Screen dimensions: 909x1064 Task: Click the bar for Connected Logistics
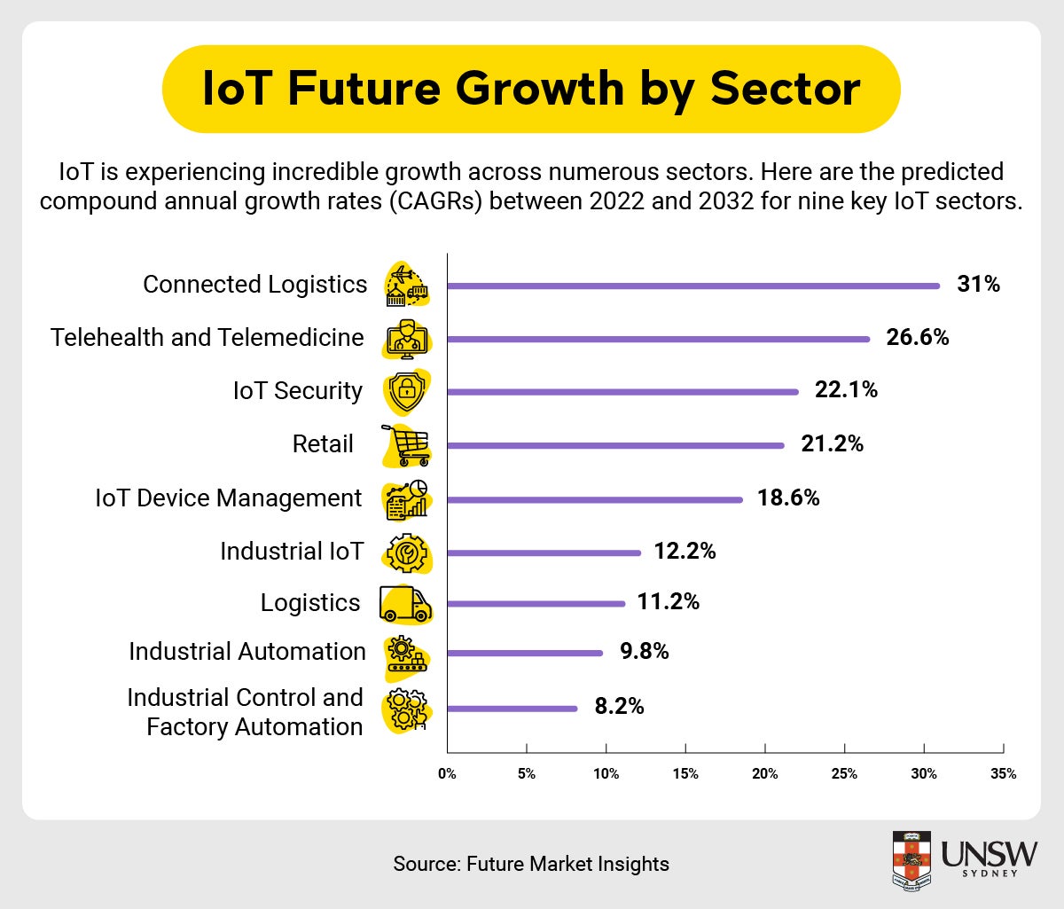click(x=692, y=286)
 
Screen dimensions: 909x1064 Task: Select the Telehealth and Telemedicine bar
click(x=658, y=339)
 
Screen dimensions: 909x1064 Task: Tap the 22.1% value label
click(x=846, y=390)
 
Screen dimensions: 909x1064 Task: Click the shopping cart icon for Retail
click(x=406, y=445)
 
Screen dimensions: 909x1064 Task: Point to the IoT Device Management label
click(x=228, y=498)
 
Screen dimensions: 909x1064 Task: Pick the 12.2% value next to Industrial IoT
click(x=685, y=552)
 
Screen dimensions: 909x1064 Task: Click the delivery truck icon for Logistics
click(x=405, y=604)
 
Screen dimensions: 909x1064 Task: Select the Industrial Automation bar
click(x=525, y=654)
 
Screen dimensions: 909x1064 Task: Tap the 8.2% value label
click(x=619, y=707)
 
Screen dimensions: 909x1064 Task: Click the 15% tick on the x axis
click(x=685, y=773)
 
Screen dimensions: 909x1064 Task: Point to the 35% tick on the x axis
click(x=1003, y=773)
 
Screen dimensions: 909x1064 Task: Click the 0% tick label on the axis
click(x=447, y=773)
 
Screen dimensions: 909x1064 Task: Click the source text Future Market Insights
click(x=567, y=864)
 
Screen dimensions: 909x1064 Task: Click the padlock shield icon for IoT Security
click(x=406, y=391)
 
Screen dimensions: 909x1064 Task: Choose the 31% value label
click(x=978, y=285)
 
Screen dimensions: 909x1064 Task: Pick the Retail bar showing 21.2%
click(x=615, y=445)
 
